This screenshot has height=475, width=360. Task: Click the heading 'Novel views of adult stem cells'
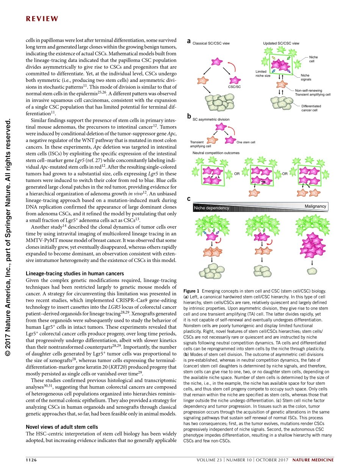click(x=62, y=427)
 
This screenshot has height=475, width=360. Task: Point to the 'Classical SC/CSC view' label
click(x=211, y=44)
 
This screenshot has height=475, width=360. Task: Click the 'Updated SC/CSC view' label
click(x=281, y=43)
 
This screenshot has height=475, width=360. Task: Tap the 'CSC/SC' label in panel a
click(x=235, y=87)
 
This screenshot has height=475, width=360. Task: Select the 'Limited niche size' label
click(x=263, y=74)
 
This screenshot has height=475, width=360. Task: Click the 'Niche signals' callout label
click(x=306, y=77)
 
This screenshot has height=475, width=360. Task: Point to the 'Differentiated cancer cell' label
click(x=311, y=108)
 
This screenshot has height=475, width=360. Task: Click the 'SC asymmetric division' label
click(x=211, y=119)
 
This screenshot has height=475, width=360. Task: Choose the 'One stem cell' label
click(x=246, y=143)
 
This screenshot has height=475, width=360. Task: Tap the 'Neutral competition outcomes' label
click(x=216, y=153)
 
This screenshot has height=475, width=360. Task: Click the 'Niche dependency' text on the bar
click(x=211, y=208)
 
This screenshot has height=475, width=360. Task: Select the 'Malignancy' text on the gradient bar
click(x=315, y=206)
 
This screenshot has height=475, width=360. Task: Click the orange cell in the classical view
click(x=203, y=81)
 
